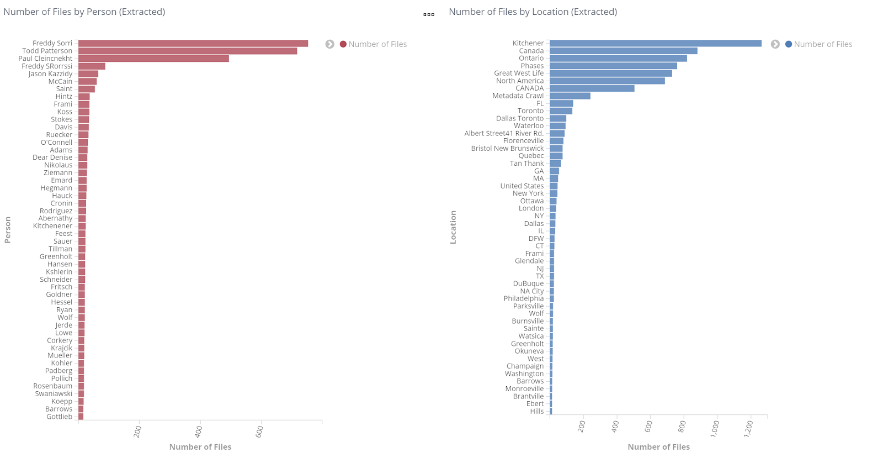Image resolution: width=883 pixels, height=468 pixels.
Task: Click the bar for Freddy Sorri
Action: (193, 44)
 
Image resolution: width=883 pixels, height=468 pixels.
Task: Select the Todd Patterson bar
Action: (188, 51)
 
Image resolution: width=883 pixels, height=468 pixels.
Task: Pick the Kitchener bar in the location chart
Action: (655, 43)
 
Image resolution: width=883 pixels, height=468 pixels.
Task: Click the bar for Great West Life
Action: (610, 73)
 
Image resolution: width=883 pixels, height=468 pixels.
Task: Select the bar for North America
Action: (607, 81)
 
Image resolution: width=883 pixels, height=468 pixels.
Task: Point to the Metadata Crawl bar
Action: (570, 96)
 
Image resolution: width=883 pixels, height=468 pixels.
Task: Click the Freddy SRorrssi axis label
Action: (47, 66)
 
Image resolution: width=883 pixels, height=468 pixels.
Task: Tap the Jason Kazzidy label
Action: (50, 74)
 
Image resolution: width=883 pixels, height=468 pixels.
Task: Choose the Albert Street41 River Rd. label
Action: (504, 133)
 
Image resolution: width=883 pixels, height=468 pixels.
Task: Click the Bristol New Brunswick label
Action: (507, 148)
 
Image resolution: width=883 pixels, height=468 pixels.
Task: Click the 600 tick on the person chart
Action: (260, 431)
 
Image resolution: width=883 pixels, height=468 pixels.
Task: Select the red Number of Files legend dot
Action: (343, 44)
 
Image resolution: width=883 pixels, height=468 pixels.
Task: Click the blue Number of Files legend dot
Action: (788, 44)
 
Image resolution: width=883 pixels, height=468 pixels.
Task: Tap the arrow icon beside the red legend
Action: (329, 44)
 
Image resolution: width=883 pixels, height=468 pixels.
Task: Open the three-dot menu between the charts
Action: (429, 14)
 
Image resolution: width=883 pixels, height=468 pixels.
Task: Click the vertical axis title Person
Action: (8, 229)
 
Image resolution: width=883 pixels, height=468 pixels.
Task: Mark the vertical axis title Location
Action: (453, 227)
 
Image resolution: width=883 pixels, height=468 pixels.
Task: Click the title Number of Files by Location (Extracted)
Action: (533, 12)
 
